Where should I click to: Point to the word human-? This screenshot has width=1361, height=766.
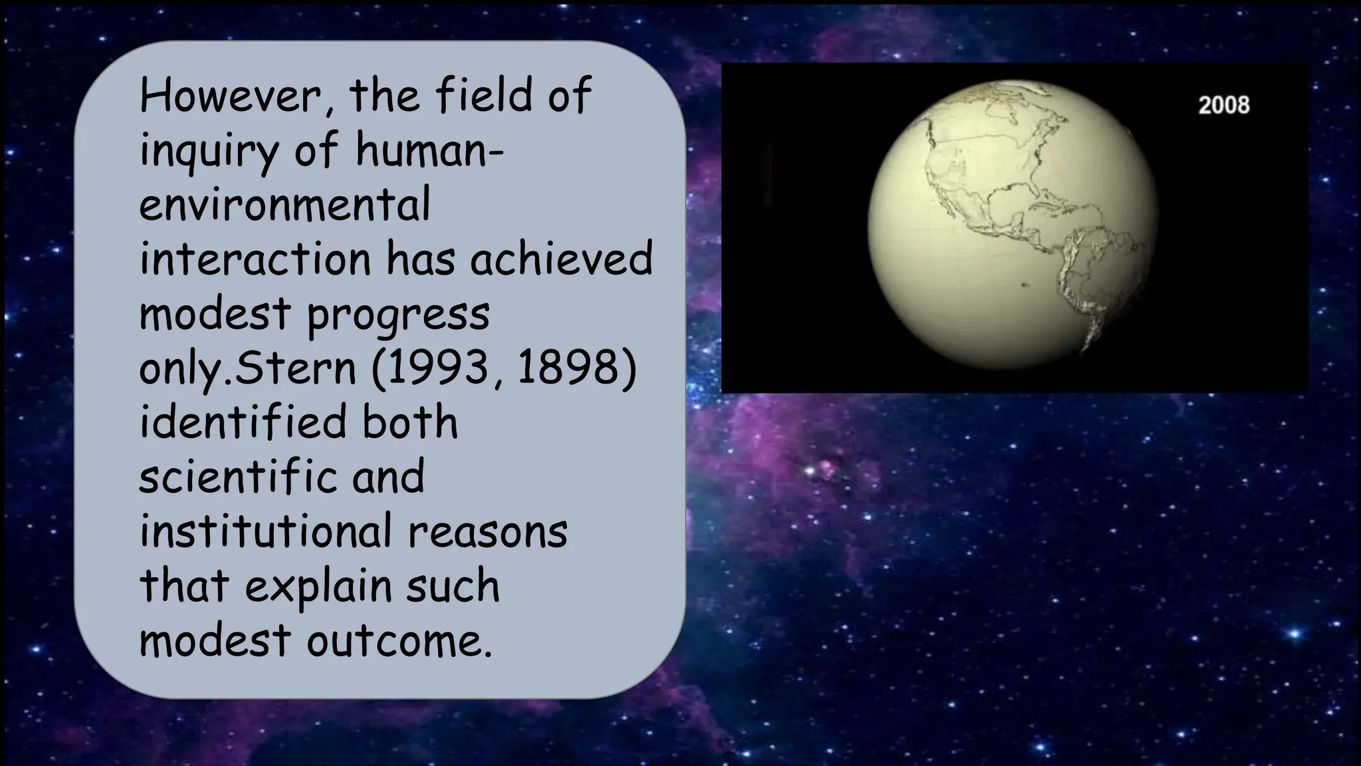pyautogui.click(x=429, y=150)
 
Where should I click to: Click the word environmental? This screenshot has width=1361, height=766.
pyautogui.click(x=285, y=204)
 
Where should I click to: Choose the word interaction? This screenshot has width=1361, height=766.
pyautogui.click(x=255, y=259)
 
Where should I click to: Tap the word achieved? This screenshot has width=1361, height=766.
pyautogui.click(x=562, y=259)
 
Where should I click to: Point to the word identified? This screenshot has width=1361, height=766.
pyautogui.click(x=243, y=422)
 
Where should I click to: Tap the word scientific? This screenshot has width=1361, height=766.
pyautogui.click(x=238, y=477)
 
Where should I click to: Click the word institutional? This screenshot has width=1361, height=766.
pyautogui.click(x=265, y=531)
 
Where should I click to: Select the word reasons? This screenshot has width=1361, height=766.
pyautogui.click(x=488, y=533)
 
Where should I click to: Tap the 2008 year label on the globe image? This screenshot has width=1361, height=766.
pyautogui.click(x=1223, y=105)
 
